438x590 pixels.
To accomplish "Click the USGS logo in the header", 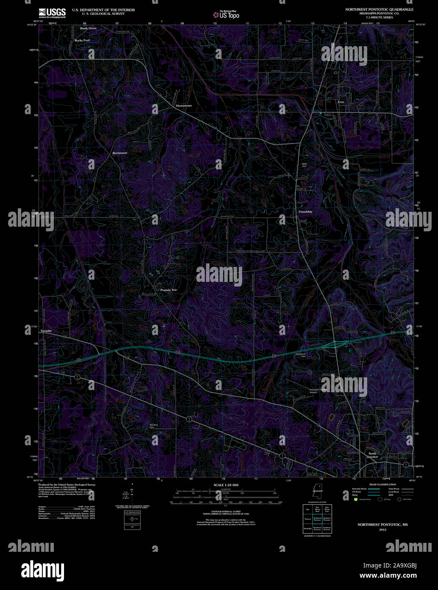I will [52, 13].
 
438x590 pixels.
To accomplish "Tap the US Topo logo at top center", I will [226, 14].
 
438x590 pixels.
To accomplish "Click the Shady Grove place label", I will [88, 28].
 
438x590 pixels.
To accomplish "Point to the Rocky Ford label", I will [82, 40].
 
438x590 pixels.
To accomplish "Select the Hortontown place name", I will [184, 106].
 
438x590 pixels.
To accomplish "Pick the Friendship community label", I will [305, 212].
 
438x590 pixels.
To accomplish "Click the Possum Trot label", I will [168, 290].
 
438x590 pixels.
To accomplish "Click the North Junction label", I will [372, 455].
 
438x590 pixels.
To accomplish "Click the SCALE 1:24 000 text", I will [226, 485].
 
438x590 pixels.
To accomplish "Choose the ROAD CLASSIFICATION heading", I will [382, 484].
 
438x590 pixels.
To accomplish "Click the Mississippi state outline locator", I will [315, 493].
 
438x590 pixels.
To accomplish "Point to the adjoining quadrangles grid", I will [317, 519].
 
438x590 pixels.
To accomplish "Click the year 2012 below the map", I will [383, 530].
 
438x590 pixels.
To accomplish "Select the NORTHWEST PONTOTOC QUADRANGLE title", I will [379, 9].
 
